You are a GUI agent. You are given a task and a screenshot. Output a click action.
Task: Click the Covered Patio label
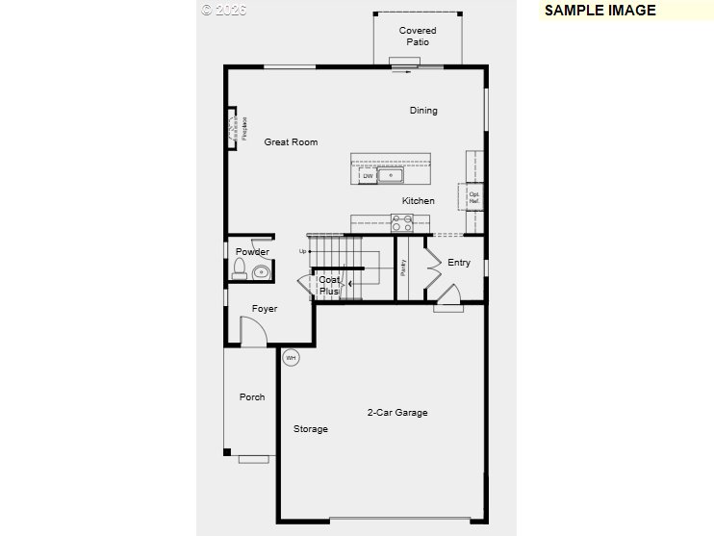pyautogui.click(x=418, y=37)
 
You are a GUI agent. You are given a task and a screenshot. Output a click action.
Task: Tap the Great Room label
pyautogui.click(x=291, y=142)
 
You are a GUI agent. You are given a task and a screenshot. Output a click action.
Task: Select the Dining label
pyautogui.click(x=423, y=111)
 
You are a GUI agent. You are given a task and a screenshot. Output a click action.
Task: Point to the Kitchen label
pyautogui.click(x=418, y=201)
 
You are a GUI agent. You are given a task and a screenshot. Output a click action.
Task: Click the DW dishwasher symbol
pyautogui.click(x=368, y=176)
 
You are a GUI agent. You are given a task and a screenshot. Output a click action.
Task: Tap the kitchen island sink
pyautogui.click(x=390, y=175)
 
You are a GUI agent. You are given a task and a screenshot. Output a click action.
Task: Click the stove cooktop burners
pyautogui.click(x=402, y=223)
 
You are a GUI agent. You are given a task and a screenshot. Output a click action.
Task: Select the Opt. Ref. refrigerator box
pyautogui.click(x=473, y=196)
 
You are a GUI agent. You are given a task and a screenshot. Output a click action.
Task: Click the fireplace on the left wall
pyautogui.click(x=234, y=128)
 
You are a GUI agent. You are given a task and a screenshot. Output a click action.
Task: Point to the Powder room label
pyautogui.click(x=252, y=252)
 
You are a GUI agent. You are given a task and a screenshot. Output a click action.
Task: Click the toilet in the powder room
pyautogui.click(x=240, y=268)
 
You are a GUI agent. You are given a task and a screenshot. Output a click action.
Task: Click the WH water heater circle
pyautogui.click(x=291, y=357)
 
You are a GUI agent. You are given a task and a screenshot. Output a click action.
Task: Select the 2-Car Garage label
pyautogui.click(x=397, y=413)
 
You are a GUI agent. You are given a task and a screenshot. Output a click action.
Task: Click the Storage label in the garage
pyautogui.click(x=311, y=429)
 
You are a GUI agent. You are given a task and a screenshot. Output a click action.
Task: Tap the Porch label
pyautogui.click(x=252, y=397)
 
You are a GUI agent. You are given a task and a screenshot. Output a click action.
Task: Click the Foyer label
pyautogui.click(x=265, y=309)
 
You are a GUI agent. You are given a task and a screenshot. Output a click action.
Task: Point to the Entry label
pyautogui.click(x=459, y=263)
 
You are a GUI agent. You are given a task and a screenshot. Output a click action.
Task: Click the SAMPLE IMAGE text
pyautogui.click(x=599, y=11)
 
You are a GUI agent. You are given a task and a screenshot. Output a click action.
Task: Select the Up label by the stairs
pyautogui.click(x=303, y=251)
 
